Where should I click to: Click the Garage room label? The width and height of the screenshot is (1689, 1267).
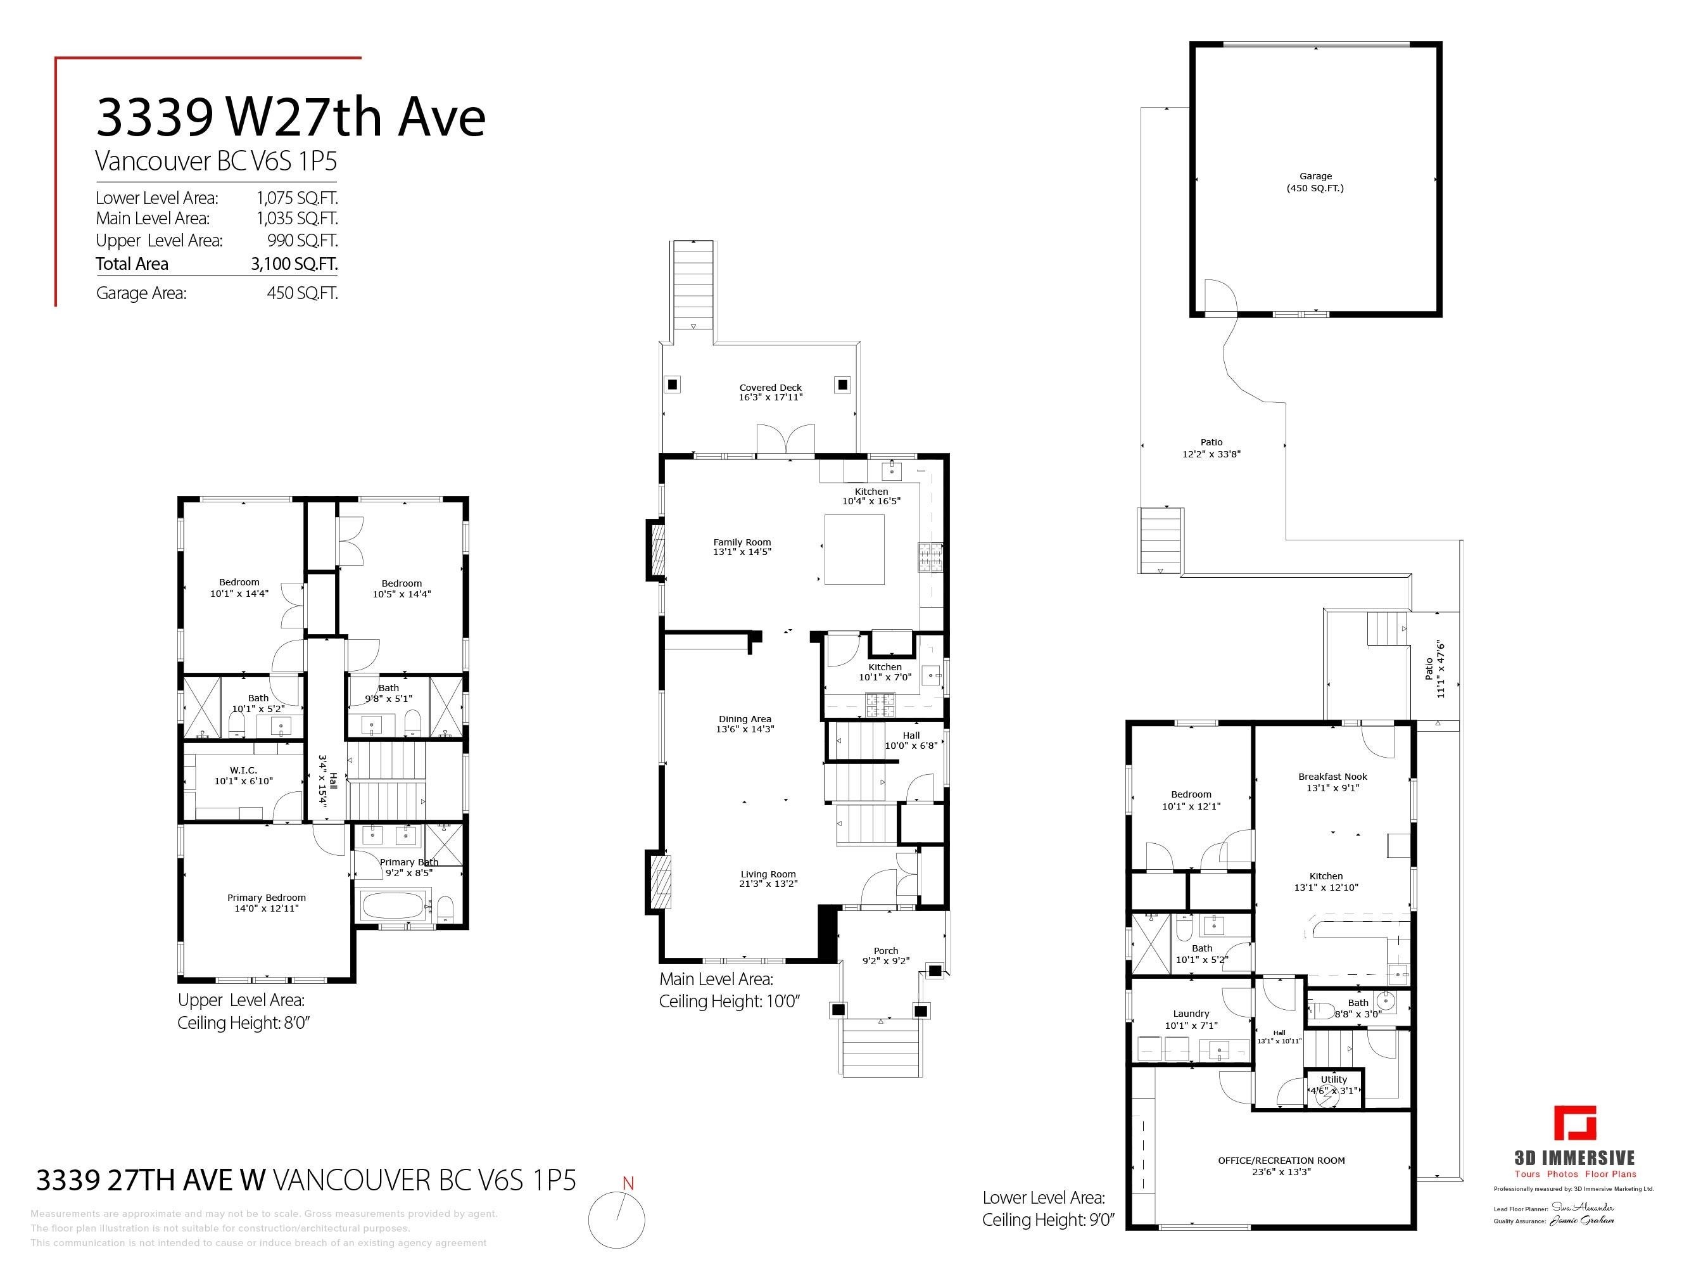1315,176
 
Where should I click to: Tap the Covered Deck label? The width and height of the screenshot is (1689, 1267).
771,388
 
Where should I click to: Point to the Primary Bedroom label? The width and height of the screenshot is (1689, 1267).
267,898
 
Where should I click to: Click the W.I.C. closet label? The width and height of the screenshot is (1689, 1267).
244,770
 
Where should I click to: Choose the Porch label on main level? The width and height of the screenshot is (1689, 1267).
886,951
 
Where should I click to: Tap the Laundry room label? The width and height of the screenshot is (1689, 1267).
1191,1014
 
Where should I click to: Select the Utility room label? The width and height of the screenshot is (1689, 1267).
1334,1079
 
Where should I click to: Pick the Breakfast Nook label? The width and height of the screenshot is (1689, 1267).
1332,777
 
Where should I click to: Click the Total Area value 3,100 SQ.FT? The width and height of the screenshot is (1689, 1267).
294,264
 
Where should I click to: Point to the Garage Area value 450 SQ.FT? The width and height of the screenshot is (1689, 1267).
301,293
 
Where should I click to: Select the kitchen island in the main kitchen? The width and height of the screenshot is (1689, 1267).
854,549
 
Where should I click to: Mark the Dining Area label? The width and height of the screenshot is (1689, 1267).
745,718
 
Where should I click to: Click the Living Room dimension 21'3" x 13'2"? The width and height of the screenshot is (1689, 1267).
768,884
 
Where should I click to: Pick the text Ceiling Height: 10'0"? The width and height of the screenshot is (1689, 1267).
728,1001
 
